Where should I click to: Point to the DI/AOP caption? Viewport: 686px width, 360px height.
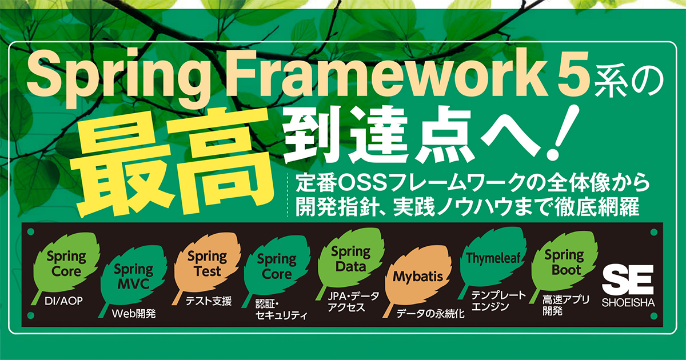(x=59, y=301)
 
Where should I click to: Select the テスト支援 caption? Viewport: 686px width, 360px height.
(x=209, y=301)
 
